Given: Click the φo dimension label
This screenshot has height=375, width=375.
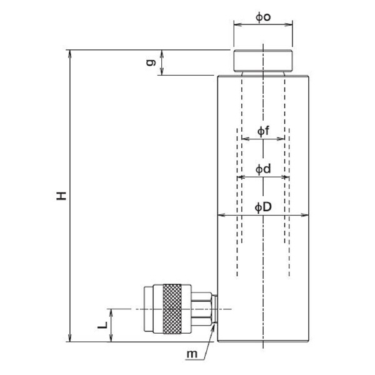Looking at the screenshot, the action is [x=263, y=17].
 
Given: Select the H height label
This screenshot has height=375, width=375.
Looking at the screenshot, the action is [x=61, y=196].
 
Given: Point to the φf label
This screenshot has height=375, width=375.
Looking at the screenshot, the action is [x=263, y=131].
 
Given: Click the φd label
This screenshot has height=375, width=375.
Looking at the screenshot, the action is [x=263, y=169].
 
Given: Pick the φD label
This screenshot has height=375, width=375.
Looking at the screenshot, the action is [x=263, y=207].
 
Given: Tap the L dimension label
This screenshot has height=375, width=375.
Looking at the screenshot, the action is [x=102, y=325].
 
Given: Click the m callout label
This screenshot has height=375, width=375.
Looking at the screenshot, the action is [x=192, y=354].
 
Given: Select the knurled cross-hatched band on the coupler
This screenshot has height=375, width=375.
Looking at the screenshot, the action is [x=172, y=309].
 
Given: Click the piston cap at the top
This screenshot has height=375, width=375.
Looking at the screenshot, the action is [x=263, y=61].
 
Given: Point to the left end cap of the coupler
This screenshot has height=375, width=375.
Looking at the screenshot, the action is [x=149, y=309].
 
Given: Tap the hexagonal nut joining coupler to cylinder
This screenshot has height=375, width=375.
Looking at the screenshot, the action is [x=201, y=309].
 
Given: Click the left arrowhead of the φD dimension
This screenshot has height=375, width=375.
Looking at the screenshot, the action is [x=221, y=215].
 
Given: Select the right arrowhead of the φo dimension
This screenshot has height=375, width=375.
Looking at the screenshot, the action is [x=289, y=24].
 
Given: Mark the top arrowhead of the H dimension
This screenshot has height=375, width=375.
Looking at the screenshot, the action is [x=69, y=54].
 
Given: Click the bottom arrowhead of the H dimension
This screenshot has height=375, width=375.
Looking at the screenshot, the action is [x=69, y=338].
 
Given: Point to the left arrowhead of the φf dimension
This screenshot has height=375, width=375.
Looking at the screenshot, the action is [x=246, y=139].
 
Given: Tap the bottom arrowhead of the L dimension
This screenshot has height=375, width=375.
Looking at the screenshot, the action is [x=111, y=338].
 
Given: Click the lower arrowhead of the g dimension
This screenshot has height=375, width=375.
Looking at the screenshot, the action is [x=162, y=71].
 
